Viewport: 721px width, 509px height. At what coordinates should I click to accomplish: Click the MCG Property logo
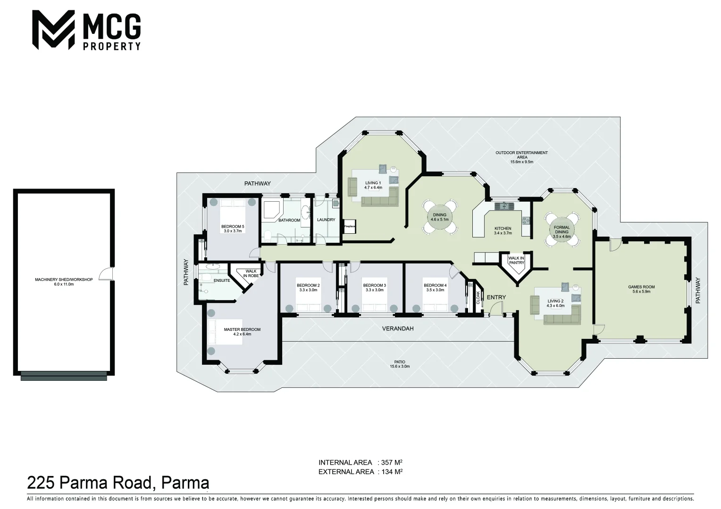(86, 30)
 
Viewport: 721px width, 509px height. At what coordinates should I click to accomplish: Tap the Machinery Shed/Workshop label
(64, 282)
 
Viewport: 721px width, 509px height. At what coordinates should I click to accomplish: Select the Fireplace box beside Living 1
(349, 227)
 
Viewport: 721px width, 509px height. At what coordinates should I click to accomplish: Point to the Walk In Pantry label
(516, 260)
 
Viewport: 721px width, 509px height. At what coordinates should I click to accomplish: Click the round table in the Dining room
(439, 217)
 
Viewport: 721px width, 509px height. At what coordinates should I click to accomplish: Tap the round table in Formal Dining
(562, 230)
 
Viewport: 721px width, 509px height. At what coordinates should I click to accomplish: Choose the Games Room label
(641, 289)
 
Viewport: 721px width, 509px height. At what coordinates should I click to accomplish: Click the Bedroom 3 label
(374, 287)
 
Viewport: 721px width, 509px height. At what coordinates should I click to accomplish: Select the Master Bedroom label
(242, 332)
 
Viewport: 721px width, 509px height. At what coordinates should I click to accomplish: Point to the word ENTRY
(496, 297)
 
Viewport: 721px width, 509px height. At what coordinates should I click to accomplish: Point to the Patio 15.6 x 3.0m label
(400, 364)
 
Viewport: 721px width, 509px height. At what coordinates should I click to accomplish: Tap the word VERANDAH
(397, 328)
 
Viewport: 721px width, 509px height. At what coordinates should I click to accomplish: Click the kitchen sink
(504, 205)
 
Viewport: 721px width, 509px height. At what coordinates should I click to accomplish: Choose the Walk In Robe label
(251, 273)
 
